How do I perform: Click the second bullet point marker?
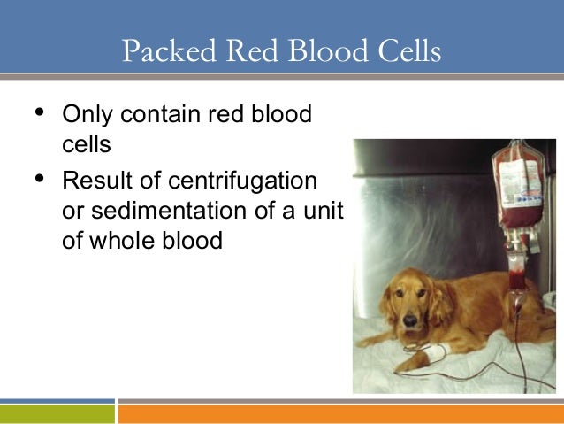point(37,181)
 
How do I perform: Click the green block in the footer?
point(57,413)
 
